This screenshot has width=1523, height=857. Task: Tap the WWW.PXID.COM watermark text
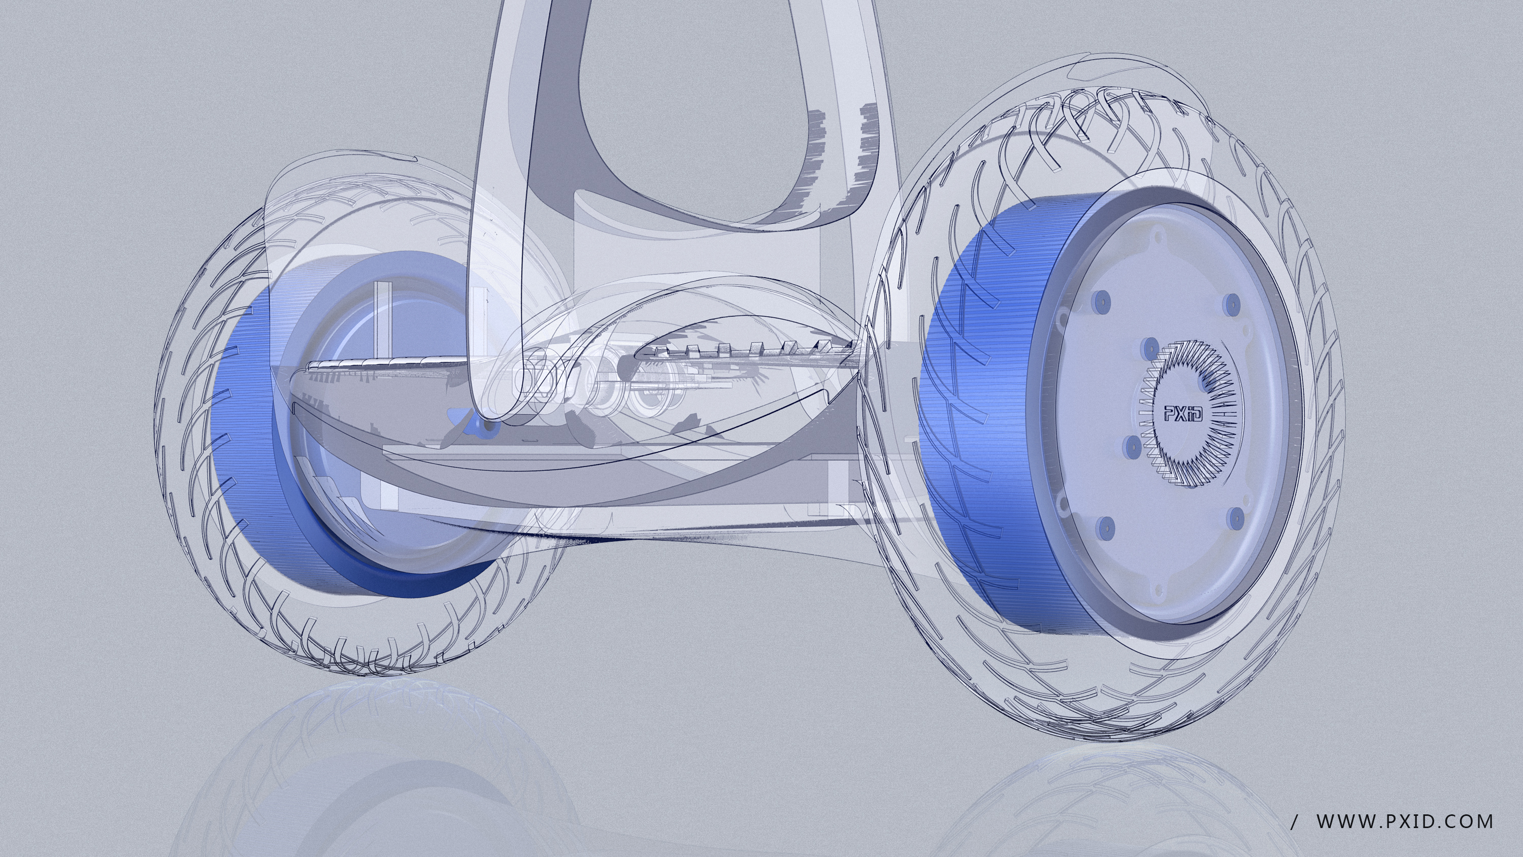[1405, 821]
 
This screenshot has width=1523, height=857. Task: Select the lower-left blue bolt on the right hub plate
[1104, 525]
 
